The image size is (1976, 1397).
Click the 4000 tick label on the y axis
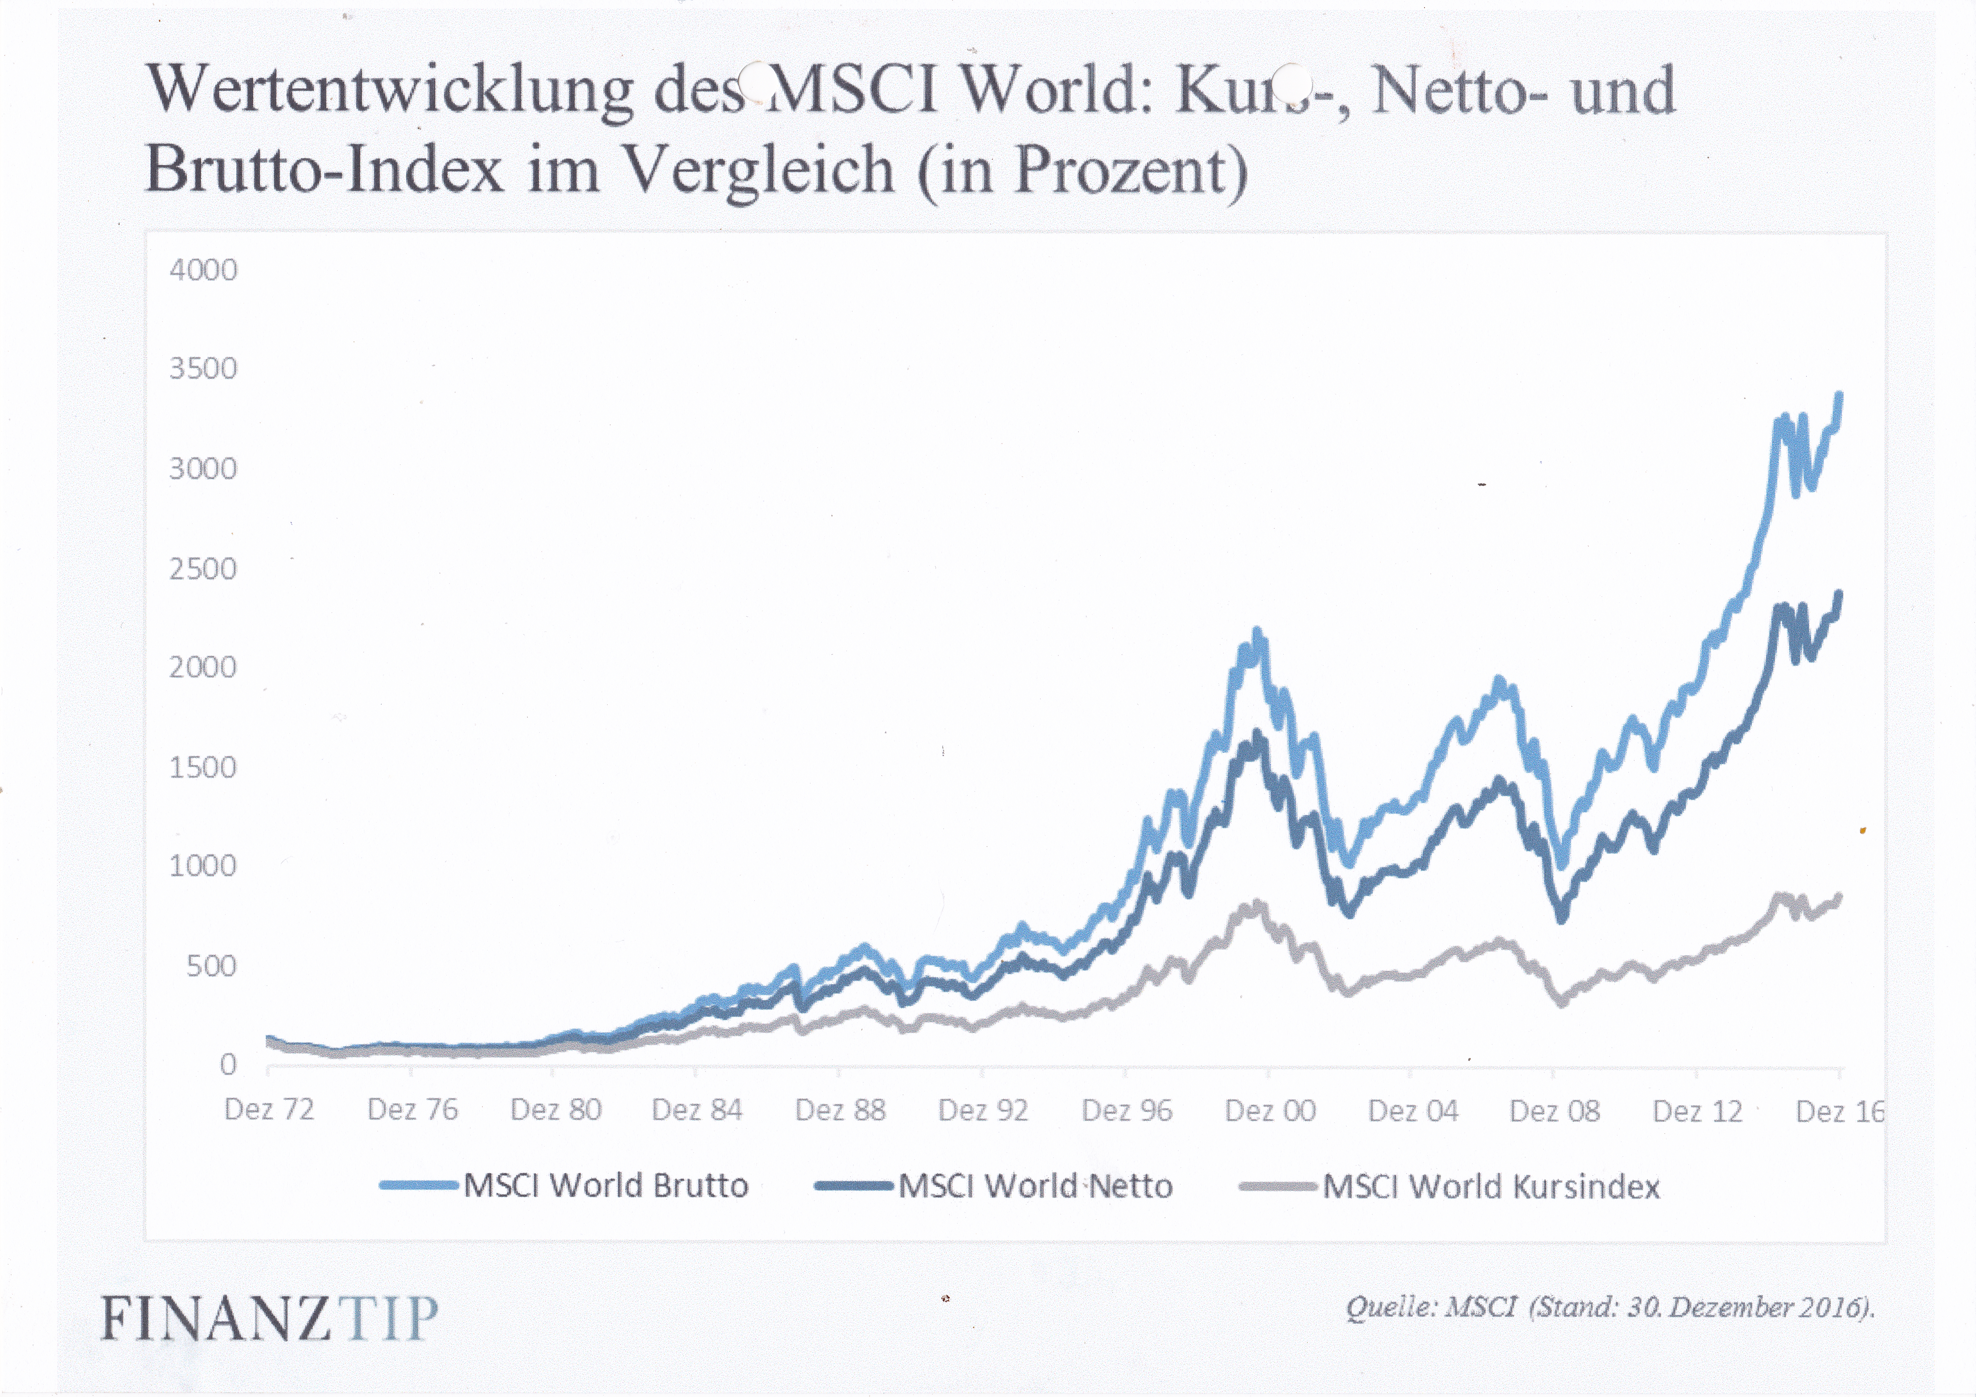[203, 270]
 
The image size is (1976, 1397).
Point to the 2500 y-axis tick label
[203, 569]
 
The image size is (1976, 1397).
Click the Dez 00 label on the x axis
[1270, 1110]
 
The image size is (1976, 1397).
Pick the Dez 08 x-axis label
[1554, 1110]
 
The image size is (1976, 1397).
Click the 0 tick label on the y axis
[228, 1065]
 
